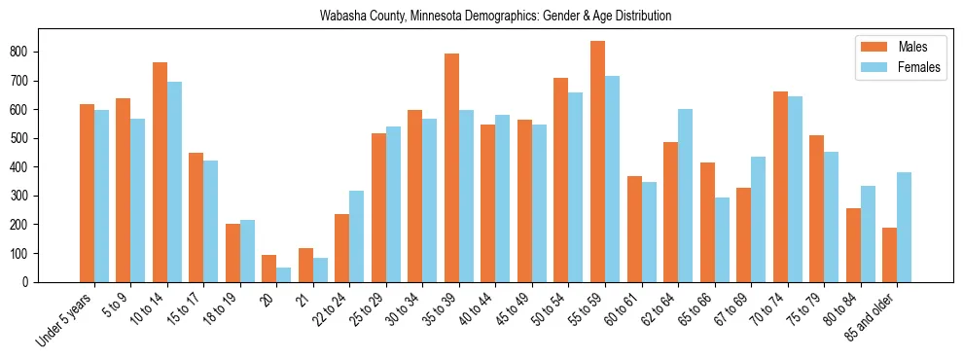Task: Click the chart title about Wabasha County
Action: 495,17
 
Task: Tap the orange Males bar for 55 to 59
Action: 597,162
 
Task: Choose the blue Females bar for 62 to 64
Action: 685,196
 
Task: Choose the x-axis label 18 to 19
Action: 220,307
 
